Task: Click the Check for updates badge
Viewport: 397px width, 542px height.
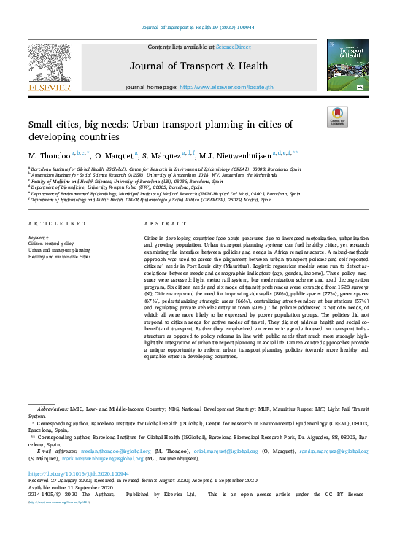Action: point(336,117)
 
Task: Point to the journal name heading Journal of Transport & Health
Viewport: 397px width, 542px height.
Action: point(198,66)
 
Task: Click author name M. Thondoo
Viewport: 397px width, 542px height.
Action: point(50,155)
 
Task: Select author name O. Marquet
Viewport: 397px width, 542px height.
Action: point(114,155)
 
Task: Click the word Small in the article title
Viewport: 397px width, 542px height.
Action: point(42,125)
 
